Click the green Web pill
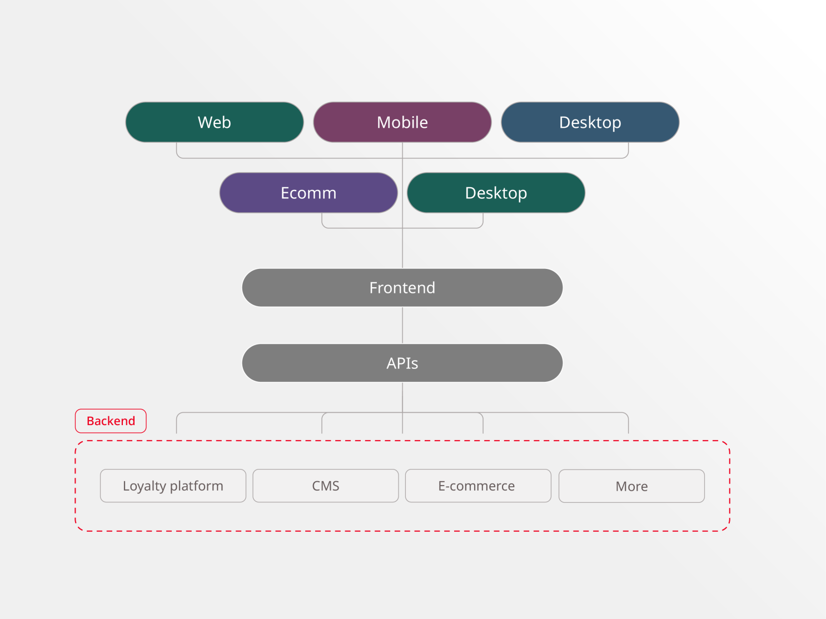(215, 122)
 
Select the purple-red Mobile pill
(402, 122)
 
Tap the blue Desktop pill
(590, 122)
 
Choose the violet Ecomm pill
(308, 193)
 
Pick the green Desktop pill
(496, 193)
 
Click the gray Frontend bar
(402, 288)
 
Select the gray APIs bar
(402, 363)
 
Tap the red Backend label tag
(111, 421)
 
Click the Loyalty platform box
(173, 486)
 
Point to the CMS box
(326, 486)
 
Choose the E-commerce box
(478, 486)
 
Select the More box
(631, 486)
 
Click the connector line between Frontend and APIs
(402, 325)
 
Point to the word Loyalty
(145, 486)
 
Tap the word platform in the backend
(196, 486)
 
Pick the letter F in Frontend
(373, 288)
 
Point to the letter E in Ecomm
(285, 193)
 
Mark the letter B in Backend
(90, 421)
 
